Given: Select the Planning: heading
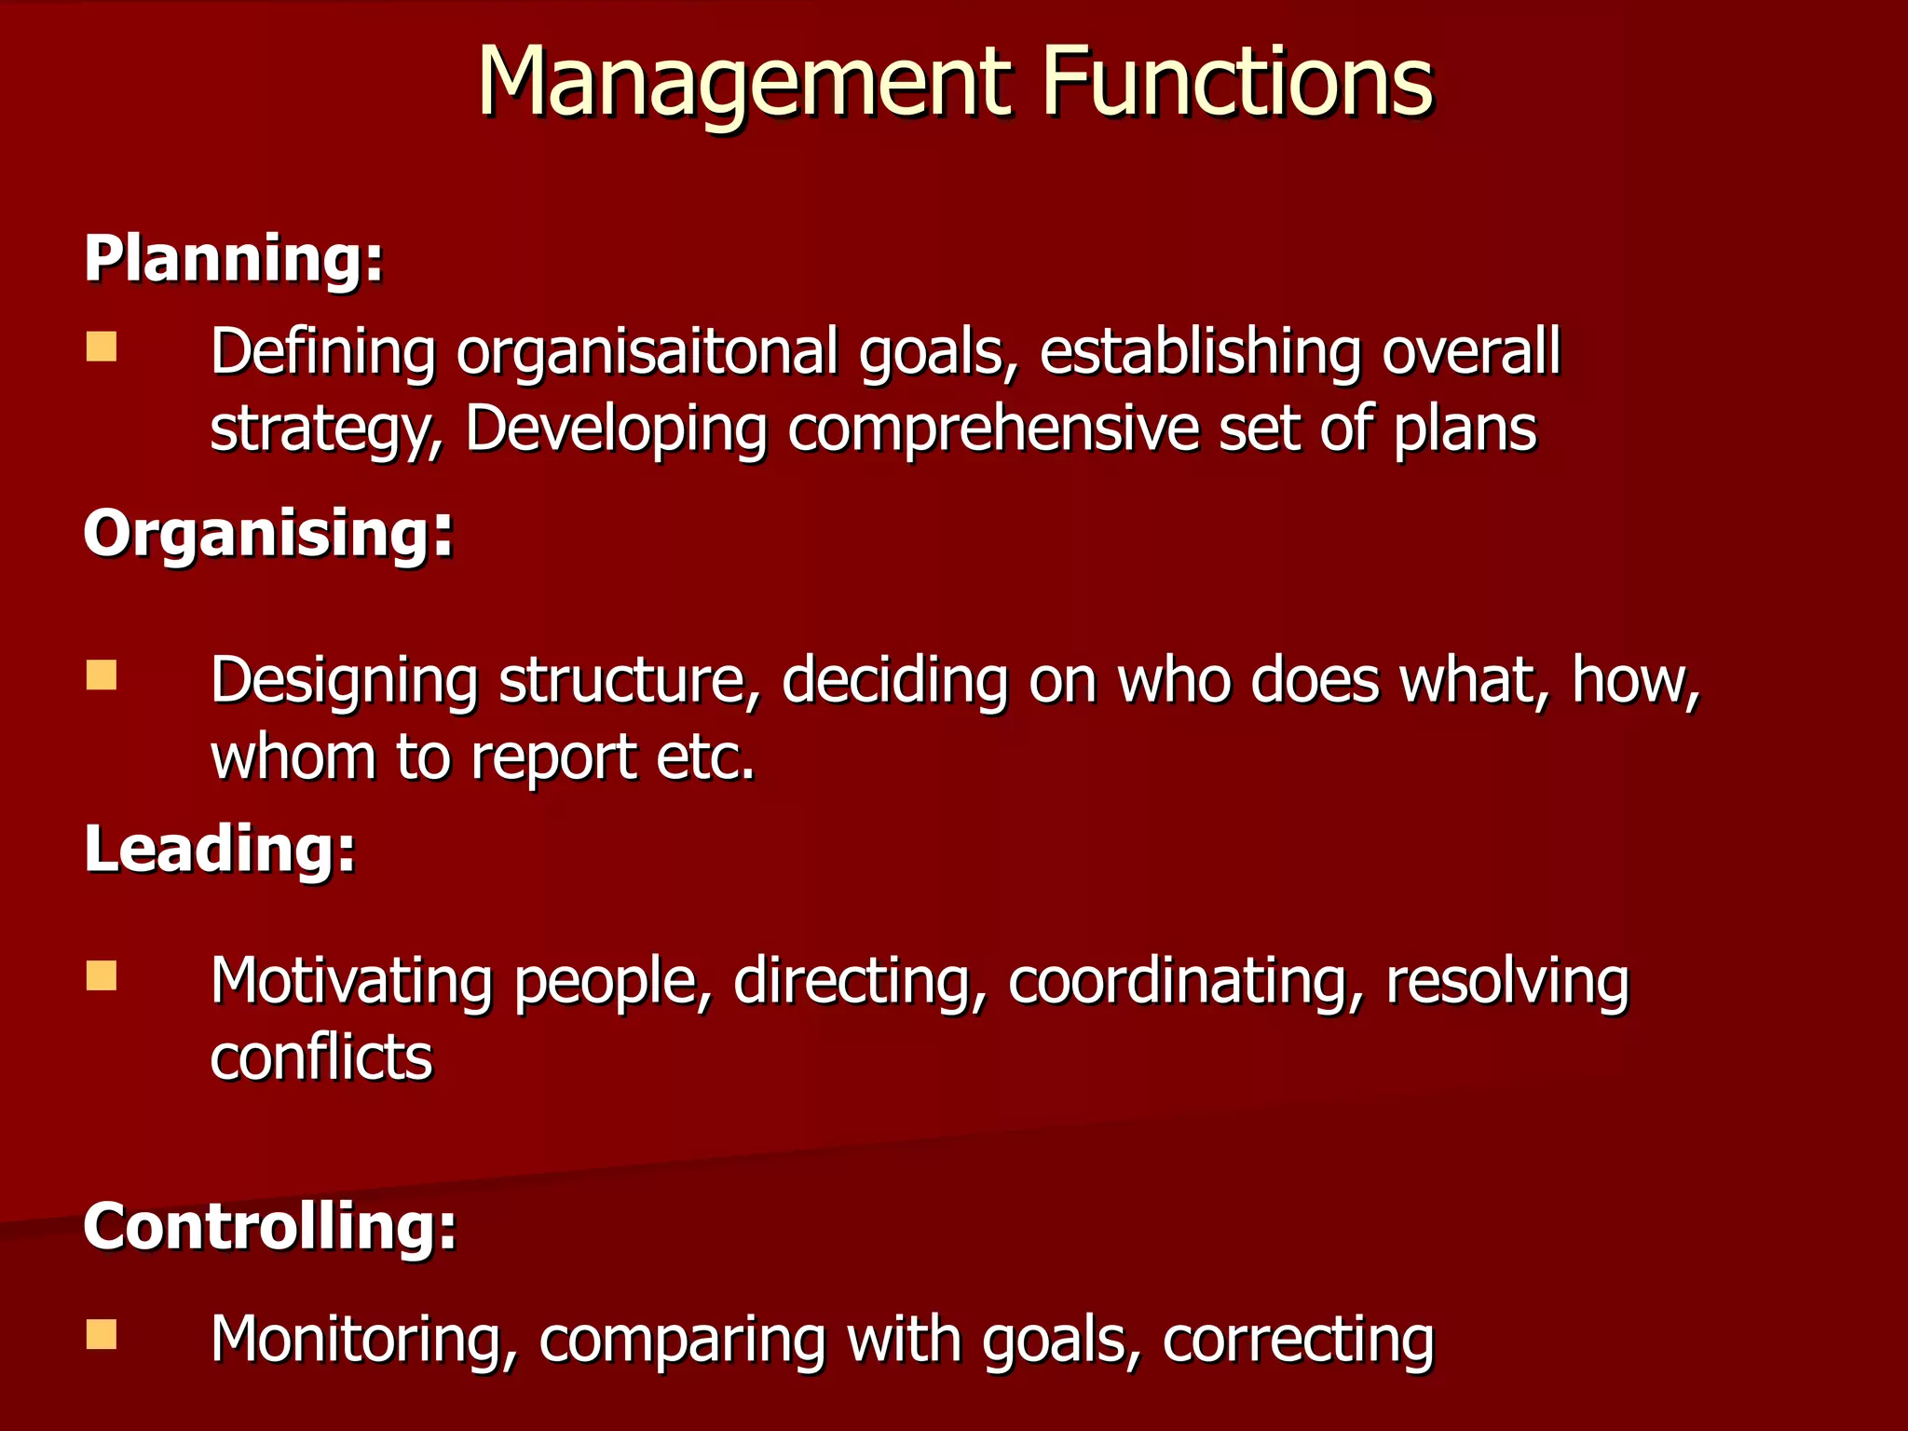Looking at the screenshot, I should click(x=234, y=258).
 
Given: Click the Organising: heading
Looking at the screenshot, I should click(x=268, y=534).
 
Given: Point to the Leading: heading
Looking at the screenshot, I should click(x=220, y=849).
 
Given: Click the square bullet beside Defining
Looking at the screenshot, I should click(x=102, y=348).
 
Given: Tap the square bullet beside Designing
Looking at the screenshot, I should click(x=102, y=675).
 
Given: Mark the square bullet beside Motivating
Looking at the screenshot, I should click(x=102, y=975).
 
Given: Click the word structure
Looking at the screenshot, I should click(x=630, y=680).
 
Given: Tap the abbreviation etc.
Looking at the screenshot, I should click(x=705, y=756).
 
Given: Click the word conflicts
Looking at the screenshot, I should click(x=321, y=1057).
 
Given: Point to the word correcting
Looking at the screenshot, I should click(x=1299, y=1340).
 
